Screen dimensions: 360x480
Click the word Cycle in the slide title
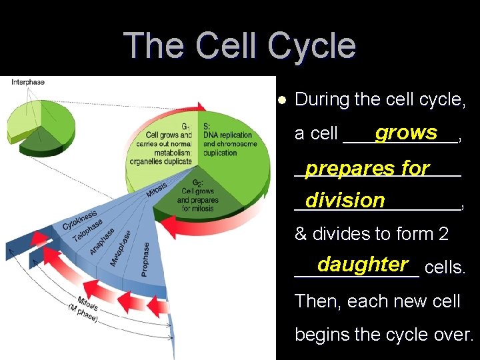click(x=309, y=46)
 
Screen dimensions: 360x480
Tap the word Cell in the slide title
click(x=223, y=46)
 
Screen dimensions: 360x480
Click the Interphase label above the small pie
click(x=28, y=82)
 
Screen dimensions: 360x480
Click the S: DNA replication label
click(x=227, y=135)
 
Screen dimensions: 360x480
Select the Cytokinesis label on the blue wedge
click(x=79, y=220)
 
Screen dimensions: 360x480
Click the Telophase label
click(x=87, y=231)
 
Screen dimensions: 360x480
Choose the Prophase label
click(x=145, y=259)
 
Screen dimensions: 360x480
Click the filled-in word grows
click(x=406, y=133)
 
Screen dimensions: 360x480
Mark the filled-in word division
click(x=345, y=200)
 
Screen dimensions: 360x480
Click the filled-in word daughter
click(x=363, y=265)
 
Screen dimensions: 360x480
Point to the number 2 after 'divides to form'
click(x=443, y=234)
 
